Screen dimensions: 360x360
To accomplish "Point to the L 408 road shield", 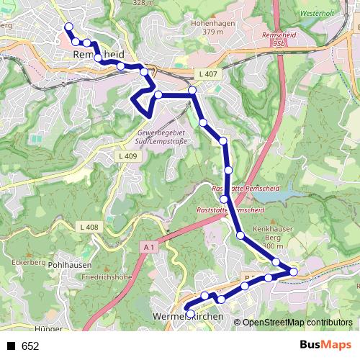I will pyautogui.click(x=89, y=228).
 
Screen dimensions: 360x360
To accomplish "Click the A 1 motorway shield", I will pyautogui.click(x=148, y=247).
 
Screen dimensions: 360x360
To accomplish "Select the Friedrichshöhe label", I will pyautogui.click(x=107, y=276).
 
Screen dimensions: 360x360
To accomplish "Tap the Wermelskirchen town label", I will pyautogui.click(x=187, y=317).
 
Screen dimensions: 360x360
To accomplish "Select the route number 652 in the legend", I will pyautogui.click(x=30, y=346).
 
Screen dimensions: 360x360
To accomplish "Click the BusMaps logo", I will pyautogui.click(x=326, y=346).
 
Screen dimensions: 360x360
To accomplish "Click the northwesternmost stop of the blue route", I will pyautogui.click(x=68, y=27).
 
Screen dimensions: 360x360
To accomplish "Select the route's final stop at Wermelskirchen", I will pyautogui.click(x=190, y=313).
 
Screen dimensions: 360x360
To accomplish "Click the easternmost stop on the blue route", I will pyautogui.click(x=294, y=271).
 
